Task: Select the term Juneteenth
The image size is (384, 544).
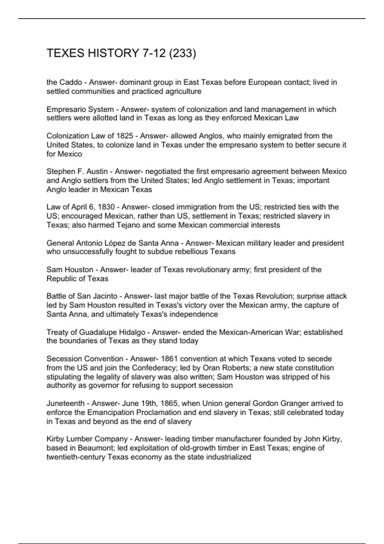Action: tap(66, 403)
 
